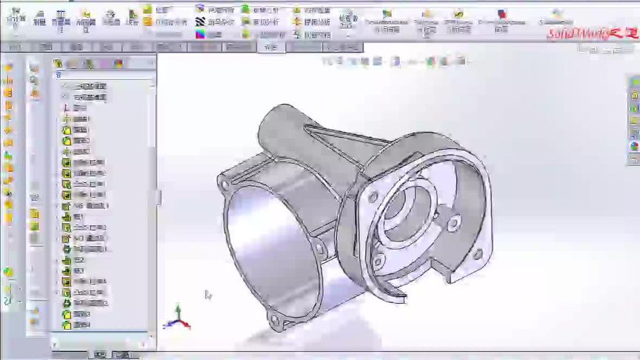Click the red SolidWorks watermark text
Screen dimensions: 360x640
(590, 33)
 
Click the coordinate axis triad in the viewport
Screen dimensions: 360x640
(177, 318)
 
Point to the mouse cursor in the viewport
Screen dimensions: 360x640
(208, 295)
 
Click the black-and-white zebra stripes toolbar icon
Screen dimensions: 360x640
(200, 22)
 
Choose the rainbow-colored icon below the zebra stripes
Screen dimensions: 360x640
(200, 34)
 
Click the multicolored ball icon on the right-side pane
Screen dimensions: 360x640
(635, 147)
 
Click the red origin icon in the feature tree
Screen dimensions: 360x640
(65, 107)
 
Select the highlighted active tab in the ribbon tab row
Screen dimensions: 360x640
(271, 47)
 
